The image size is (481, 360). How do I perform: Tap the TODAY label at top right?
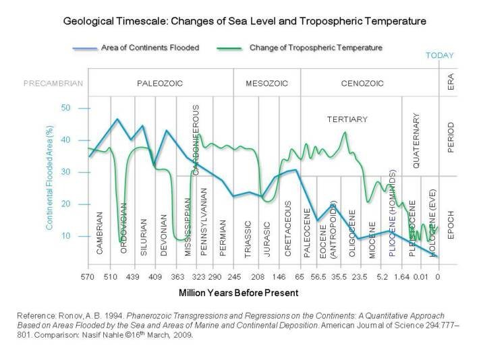(440, 56)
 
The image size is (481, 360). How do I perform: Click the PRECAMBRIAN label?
(53, 84)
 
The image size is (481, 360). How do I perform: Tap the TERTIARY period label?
(347, 119)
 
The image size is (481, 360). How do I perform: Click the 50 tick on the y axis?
(65, 108)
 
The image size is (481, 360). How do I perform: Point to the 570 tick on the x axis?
(87, 277)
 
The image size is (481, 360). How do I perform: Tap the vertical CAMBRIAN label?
(100, 233)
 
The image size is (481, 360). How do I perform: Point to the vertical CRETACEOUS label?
(288, 227)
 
